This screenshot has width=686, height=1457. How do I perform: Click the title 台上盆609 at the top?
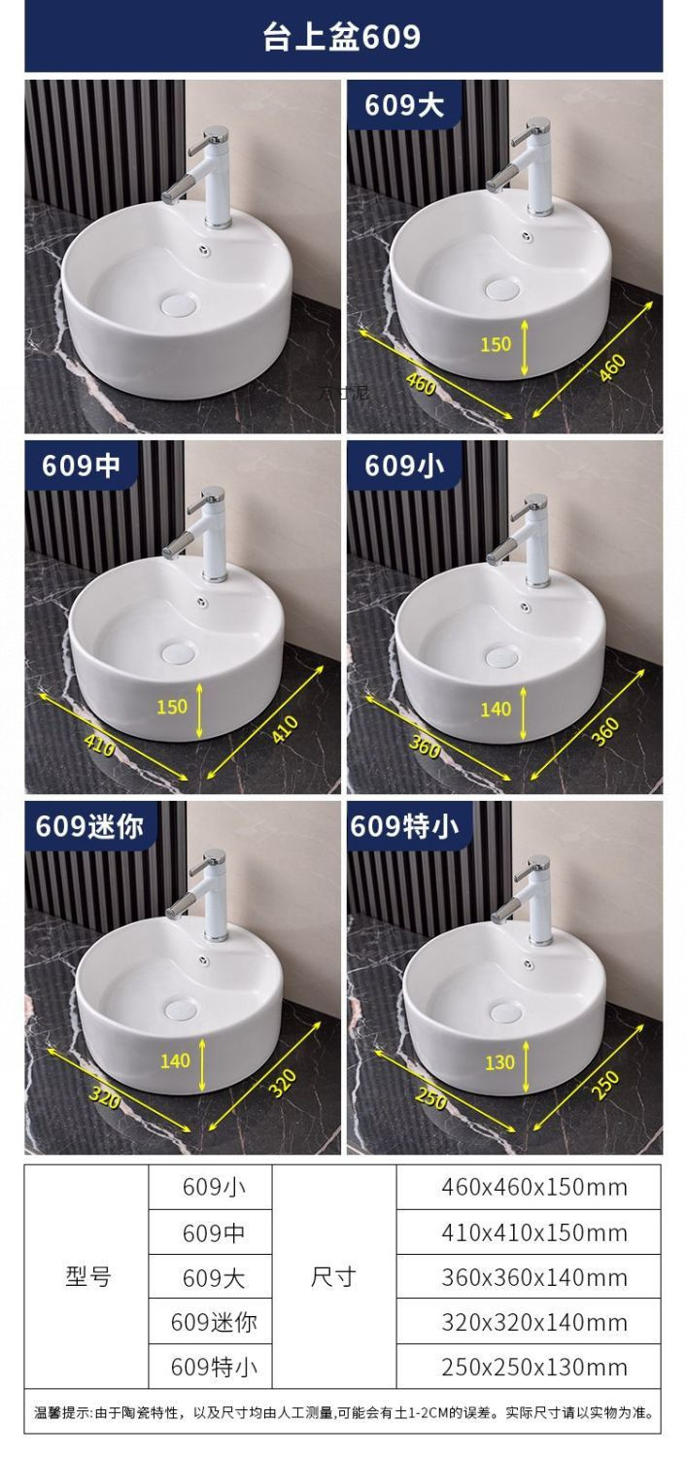pos(342,37)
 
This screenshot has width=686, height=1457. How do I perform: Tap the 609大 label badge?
pos(403,104)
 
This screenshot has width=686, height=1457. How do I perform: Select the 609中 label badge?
pos(81,465)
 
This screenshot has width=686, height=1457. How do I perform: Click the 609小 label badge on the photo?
pos(403,465)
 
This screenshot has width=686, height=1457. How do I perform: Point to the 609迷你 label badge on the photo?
pos(89,825)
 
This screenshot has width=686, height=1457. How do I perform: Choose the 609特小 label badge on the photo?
pos(403,825)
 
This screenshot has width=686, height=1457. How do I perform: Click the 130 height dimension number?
pos(499,1062)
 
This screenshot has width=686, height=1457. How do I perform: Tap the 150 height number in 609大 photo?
pos(496,343)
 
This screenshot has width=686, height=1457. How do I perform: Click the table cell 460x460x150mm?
pos(533,1187)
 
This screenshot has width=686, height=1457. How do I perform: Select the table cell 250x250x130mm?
pos(533,1367)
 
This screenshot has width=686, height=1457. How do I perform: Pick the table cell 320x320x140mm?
pos(533,1322)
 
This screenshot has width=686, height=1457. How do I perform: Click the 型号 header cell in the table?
pos(88,1276)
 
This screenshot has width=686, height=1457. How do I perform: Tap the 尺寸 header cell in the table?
pos(333,1276)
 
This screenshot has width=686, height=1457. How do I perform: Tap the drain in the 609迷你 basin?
pos(181,1010)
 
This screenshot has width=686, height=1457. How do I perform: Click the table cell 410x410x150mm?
pos(533,1232)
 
